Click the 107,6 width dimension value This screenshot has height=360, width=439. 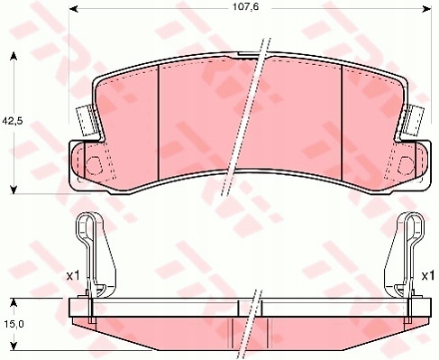click(246, 7)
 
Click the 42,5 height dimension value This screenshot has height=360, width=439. click(13, 121)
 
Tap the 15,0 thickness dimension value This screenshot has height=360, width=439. click(14, 324)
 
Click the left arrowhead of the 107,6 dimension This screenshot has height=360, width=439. click(74, 9)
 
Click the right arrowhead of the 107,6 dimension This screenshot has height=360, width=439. click(426, 9)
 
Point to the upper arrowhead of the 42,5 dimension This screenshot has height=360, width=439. click(13, 56)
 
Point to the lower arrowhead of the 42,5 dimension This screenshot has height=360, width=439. click(13, 189)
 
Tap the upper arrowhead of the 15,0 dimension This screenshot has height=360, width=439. click(13, 302)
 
